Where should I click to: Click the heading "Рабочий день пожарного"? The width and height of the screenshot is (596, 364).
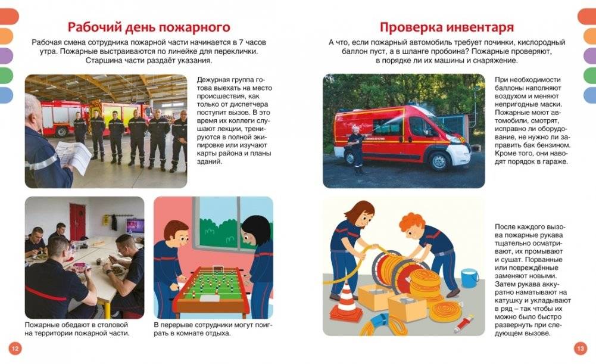[x=148, y=27]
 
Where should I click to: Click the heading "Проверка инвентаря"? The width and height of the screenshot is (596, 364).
[x=447, y=27]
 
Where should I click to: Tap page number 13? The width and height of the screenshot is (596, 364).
[x=581, y=348]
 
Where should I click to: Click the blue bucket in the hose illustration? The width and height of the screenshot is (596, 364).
[x=470, y=278]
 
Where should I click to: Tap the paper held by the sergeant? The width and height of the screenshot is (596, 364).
[x=73, y=156]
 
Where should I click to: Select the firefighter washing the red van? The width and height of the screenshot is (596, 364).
[x=356, y=150]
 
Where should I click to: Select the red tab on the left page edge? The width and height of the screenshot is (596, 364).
[x=7, y=16]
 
